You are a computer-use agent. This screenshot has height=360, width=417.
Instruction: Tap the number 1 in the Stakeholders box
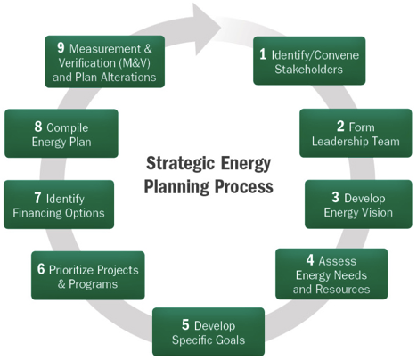pos(263,54)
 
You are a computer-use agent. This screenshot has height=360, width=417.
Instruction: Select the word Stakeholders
pos(308,70)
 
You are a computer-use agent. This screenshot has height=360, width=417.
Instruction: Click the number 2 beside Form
pos(340,127)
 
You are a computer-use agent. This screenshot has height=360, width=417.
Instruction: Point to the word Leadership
pos(340,141)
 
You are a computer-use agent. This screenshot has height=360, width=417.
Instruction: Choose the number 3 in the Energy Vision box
pos(335,197)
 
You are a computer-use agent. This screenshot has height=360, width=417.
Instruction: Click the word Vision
pos(379,212)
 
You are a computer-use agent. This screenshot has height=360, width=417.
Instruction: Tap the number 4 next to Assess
pos(310,260)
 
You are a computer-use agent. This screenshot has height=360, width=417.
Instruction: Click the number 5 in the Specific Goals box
pos(185,324)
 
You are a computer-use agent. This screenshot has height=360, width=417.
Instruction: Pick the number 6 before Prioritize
pos(41,269)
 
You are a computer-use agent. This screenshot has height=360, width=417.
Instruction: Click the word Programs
pos(94,284)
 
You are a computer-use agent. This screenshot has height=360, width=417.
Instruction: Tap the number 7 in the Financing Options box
pos(37,198)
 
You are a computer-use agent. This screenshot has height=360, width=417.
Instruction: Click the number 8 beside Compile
pos(38,127)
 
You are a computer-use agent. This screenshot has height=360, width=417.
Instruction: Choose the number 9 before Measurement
pos(61,47)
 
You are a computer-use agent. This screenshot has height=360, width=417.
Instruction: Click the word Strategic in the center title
pos(181,164)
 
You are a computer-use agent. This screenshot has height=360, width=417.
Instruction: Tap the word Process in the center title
pos(244,186)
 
